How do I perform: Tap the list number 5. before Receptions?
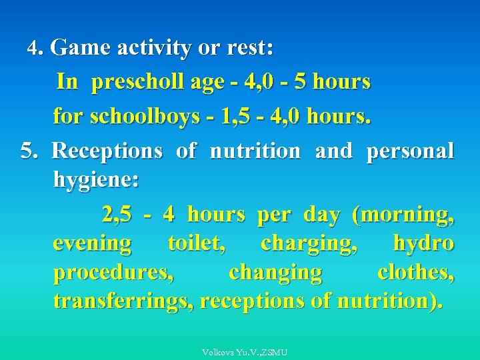click(x=30, y=151)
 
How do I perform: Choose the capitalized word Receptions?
click(x=107, y=151)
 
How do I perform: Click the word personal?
click(x=410, y=151)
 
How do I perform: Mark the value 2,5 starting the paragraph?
click(x=117, y=215)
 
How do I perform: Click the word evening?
click(x=92, y=243)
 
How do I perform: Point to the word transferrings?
click(x=123, y=301)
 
